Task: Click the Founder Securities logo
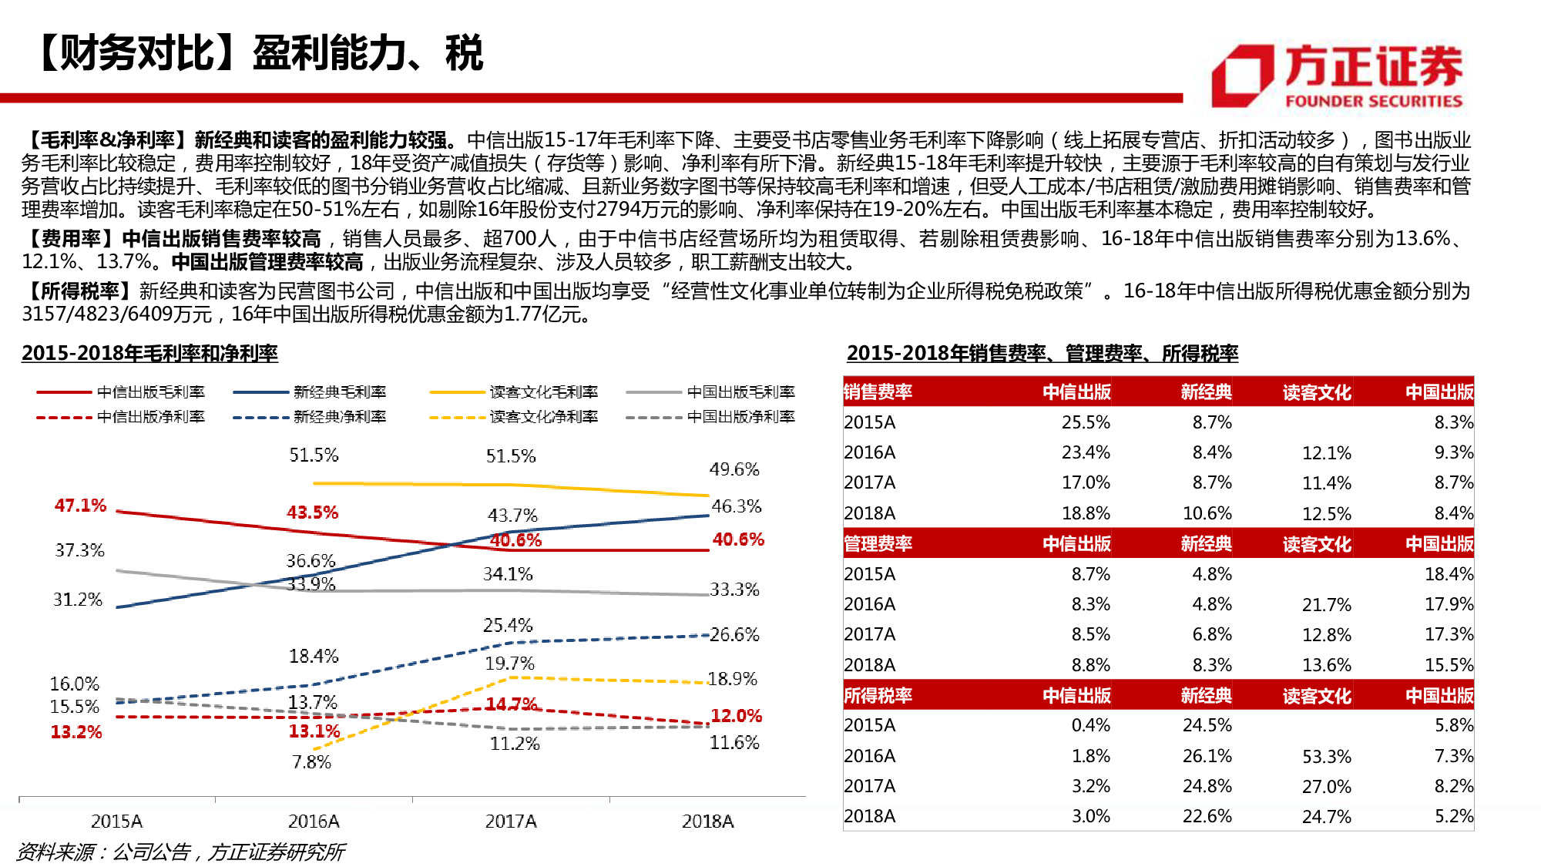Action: pyautogui.click(x=1337, y=76)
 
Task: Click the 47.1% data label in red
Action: pyautogui.click(x=80, y=506)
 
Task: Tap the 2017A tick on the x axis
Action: pyautogui.click(x=510, y=822)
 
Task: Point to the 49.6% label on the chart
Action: pyautogui.click(x=734, y=469)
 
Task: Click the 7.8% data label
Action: pyautogui.click(x=311, y=762)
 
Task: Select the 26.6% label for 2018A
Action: pyautogui.click(x=734, y=635)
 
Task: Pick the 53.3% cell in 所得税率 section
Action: pyautogui.click(x=1326, y=757)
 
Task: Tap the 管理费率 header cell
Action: pyautogui.click(x=878, y=544)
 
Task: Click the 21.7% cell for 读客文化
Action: pyautogui.click(x=1326, y=605)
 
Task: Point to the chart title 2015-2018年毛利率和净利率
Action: pyautogui.click(x=149, y=354)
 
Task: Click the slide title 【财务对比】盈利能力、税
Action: pyautogui.click(x=258, y=53)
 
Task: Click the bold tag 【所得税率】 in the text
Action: pyautogui.click(x=79, y=291)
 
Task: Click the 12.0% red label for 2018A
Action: pyautogui.click(x=736, y=716)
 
